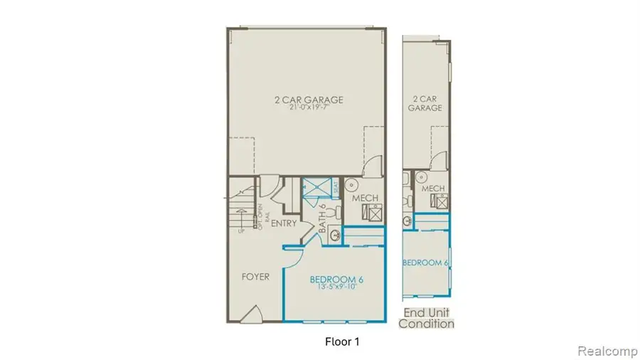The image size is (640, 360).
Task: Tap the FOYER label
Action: coord(255,276)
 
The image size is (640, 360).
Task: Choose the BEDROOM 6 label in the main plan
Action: coord(336,280)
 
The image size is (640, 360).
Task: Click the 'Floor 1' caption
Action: coord(338,342)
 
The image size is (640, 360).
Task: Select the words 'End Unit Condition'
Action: coord(426,318)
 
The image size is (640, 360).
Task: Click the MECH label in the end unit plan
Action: coord(433,189)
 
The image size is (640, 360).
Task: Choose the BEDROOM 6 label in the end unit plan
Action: coord(425,263)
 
